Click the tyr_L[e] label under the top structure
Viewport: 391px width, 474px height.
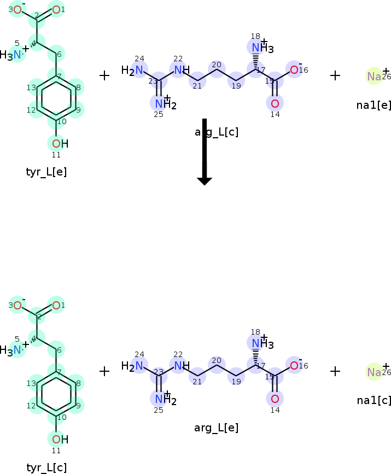[46, 172]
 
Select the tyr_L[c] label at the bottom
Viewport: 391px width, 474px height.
[46, 467]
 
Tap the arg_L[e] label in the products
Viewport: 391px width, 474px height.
[217, 428]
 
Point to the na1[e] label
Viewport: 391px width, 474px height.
[374, 105]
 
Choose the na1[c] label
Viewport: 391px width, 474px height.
[374, 400]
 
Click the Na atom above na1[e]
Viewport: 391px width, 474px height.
[374, 77]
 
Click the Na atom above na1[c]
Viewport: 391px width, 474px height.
[374, 372]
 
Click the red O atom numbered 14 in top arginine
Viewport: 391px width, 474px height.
[275, 103]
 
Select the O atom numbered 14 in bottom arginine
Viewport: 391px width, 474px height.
[275, 398]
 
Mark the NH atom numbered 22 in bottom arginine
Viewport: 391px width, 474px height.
[180, 365]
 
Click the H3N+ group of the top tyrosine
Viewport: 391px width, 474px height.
[14, 55]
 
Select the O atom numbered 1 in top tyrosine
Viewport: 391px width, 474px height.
[56, 9]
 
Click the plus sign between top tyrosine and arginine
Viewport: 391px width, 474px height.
[104, 75]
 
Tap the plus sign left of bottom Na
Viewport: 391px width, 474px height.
[335, 371]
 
